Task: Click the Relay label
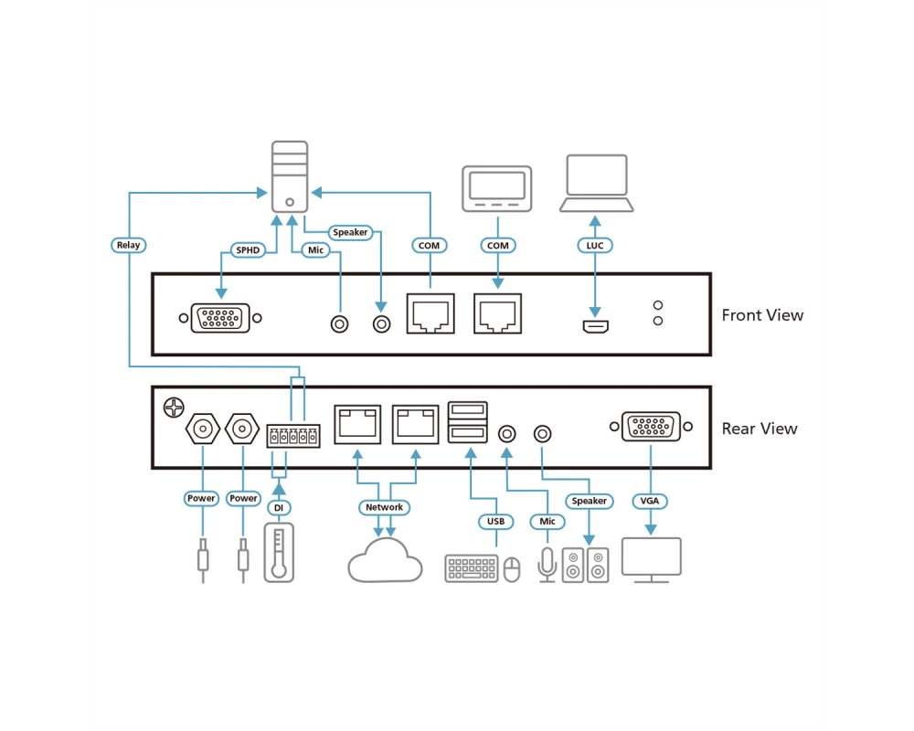(x=128, y=245)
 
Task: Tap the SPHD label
(x=248, y=250)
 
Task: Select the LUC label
(x=595, y=246)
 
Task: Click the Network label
(x=384, y=507)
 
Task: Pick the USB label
(x=495, y=521)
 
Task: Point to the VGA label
(x=649, y=501)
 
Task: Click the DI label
(x=279, y=508)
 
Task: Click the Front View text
(x=762, y=315)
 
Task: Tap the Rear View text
(x=760, y=429)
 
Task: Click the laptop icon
(x=596, y=183)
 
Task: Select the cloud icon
(x=385, y=561)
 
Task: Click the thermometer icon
(x=279, y=553)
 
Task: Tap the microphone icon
(x=547, y=565)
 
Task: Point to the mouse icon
(x=512, y=569)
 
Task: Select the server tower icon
(x=290, y=176)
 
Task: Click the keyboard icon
(x=472, y=568)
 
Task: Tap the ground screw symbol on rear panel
(x=174, y=408)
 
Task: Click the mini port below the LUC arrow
(x=596, y=326)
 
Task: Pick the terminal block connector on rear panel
(x=293, y=436)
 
